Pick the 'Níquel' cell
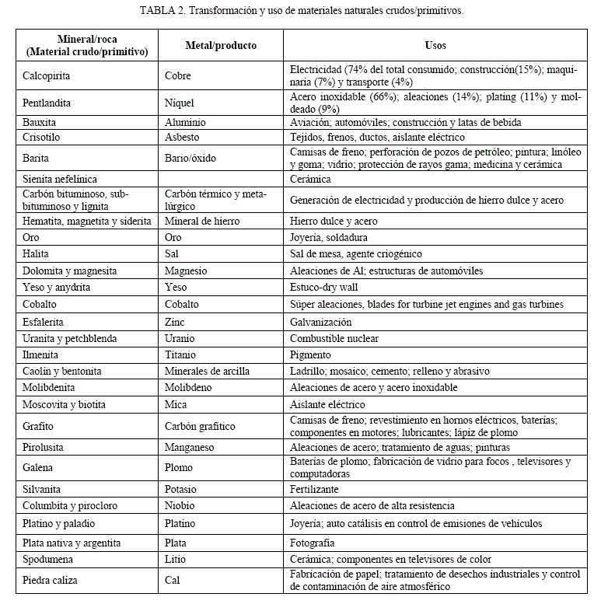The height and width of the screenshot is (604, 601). click(180, 103)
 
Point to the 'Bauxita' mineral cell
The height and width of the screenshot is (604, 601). click(40, 123)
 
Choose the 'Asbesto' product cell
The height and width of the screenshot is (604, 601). click(183, 137)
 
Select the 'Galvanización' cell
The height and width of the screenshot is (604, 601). click(321, 322)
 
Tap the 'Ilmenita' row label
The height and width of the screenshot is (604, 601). click(43, 354)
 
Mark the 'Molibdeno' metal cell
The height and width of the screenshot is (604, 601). click(188, 388)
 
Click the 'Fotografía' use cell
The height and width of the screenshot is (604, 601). click(313, 543)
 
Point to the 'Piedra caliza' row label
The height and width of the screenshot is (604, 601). click(51, 580)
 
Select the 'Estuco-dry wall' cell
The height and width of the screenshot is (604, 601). click(324, 288)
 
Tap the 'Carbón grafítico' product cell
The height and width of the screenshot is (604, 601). click(200, 427)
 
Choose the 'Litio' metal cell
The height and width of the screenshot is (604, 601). click(176, 560)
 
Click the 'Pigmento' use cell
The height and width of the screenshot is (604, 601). click(311, 354)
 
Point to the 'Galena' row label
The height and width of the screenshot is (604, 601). click(39, 468)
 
